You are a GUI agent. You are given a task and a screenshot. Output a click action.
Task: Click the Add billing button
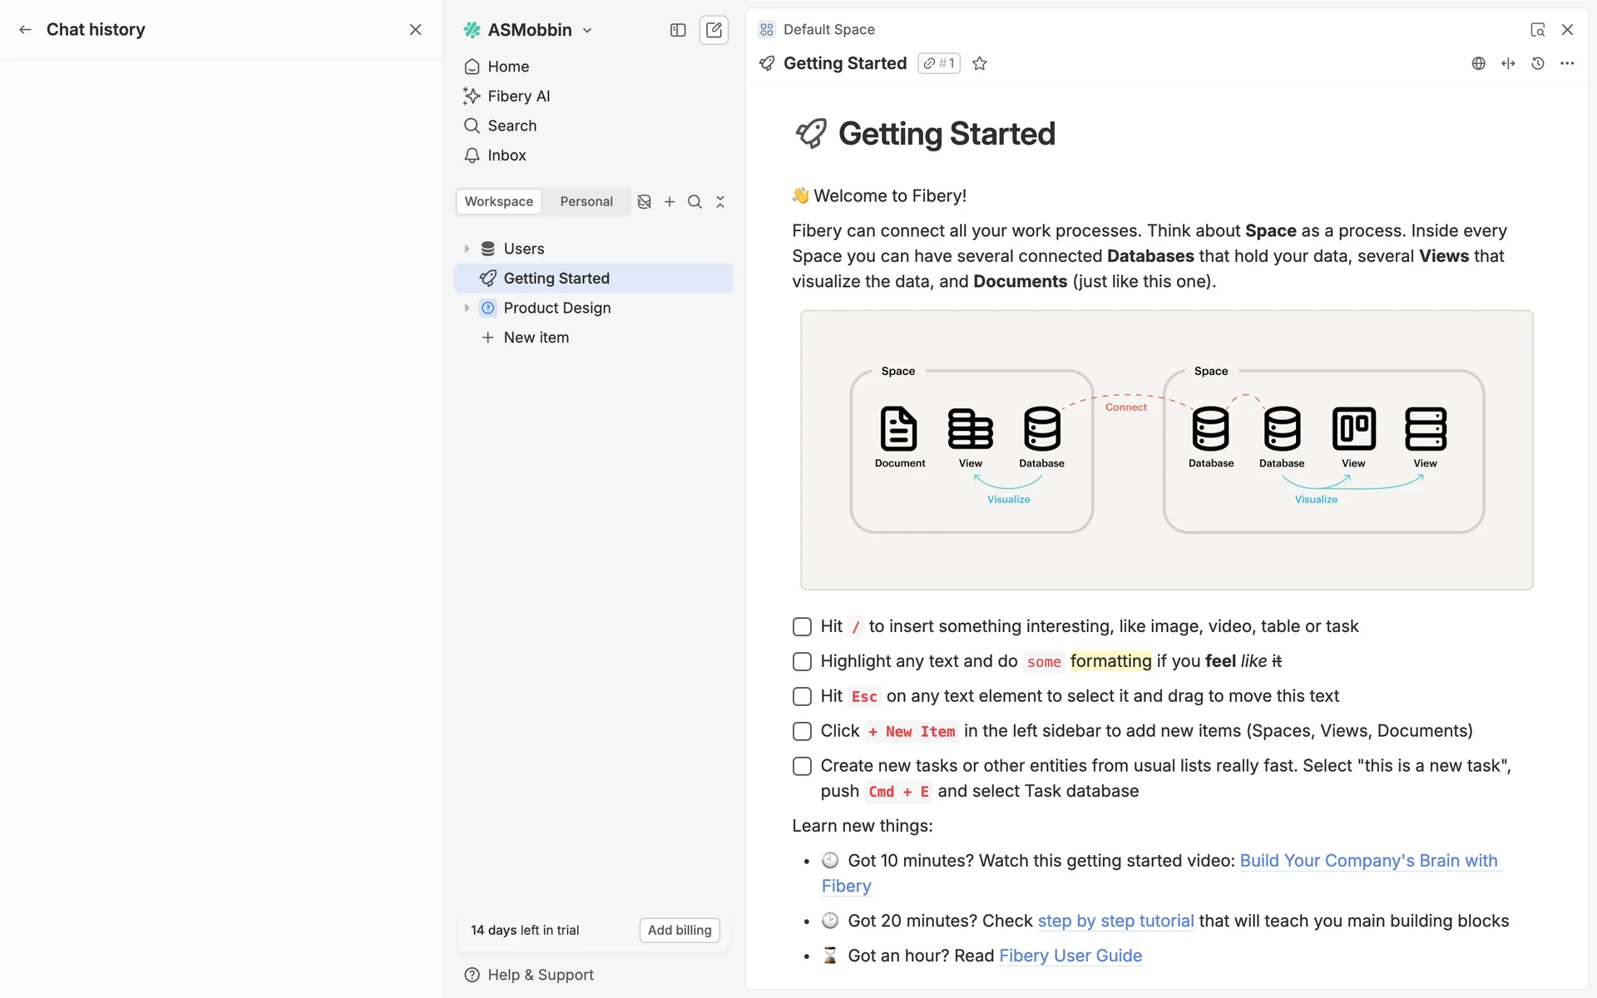click(680, 930)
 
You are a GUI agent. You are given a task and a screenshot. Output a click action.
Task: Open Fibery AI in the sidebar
click(518, 96)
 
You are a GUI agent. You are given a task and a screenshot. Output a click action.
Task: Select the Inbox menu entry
click(507, 156)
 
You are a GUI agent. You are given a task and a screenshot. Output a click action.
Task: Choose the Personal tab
click(586, 201)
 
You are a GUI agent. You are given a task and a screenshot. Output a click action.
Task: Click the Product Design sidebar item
click(556, 308)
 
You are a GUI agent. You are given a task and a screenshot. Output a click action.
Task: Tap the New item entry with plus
click(536, 338)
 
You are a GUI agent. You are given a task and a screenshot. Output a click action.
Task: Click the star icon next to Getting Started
click(980, 64)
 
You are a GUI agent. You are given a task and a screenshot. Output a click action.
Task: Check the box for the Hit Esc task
click(802, 696)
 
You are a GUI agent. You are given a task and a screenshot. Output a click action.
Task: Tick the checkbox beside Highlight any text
click(802, 661)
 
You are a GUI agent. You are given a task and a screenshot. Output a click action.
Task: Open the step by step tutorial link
click(1115, 921)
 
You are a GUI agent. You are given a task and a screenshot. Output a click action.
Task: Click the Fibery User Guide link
click(1070, 956)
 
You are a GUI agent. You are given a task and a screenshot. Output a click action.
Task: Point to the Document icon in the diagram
click(898, 428)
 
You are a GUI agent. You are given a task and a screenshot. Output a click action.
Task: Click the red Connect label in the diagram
click(1125, 408)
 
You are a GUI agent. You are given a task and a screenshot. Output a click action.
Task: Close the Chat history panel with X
click(416, 30)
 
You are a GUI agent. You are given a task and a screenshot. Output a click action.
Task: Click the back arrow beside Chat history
click(26, 30)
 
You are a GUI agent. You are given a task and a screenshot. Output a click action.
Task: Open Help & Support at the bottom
click(540, 975)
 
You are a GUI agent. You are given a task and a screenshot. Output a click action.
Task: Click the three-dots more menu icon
click(1567, 64)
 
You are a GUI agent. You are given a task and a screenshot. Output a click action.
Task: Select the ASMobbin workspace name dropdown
click(539, 30)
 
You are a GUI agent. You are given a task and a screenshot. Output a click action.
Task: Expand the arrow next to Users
click(467, 249)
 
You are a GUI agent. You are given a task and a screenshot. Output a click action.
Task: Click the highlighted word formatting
click(1110, 661)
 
